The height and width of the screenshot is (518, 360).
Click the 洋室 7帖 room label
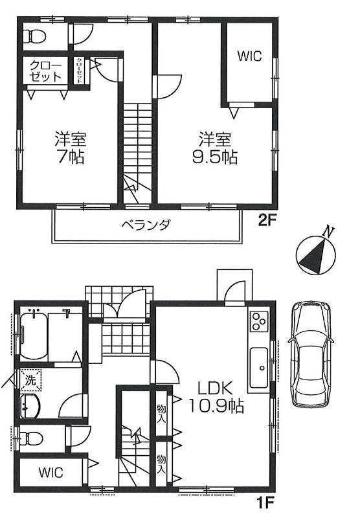point(71,148)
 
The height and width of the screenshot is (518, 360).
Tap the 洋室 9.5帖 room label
point(215,148)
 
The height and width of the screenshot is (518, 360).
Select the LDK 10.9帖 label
point(216,397)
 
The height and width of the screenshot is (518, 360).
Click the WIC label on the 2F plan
point(250,56)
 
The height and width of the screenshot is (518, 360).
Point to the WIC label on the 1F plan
point(51,473)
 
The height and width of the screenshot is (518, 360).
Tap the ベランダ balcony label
point(146,225)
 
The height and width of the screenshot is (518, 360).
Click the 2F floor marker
point(267,220)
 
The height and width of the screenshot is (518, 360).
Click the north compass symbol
point(316,253)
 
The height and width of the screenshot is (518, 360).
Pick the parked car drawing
point(310,354)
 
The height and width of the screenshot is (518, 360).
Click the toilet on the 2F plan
point(34,36)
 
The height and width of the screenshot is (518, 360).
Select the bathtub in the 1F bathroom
point(34,337)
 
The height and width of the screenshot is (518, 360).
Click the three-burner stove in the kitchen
point(258,321)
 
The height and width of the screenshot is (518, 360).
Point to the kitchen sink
point(259,368)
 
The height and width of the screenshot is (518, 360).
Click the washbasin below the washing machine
point(30,406)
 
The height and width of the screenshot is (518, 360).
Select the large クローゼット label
point(45,71)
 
